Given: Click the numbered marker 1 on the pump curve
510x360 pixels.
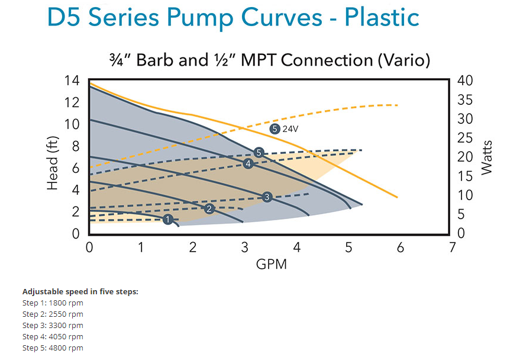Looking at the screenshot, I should point(167,220).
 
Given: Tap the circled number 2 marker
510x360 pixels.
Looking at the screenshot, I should point(208,208).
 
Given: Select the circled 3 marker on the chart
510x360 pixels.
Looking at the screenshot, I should point(266,197).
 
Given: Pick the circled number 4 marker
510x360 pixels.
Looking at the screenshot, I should point(248,163).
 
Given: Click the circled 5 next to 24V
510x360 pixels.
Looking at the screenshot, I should point(274,128).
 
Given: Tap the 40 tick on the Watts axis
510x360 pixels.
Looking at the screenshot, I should point(466,81).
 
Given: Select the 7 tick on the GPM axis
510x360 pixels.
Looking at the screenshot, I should point(453,247).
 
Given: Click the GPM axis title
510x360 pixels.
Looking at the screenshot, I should point(271,264).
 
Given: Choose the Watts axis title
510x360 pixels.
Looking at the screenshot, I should point(486,156).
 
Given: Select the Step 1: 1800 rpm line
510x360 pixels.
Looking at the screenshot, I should point(53,303).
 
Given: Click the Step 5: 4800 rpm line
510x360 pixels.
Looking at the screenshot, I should point(53,348).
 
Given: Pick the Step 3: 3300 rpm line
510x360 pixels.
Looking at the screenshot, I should point(53,325).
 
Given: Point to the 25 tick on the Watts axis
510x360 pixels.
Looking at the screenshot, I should point(466,137).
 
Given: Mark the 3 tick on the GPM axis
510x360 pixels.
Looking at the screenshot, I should point(245,247).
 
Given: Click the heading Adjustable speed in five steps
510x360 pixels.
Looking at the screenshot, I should point(80,291).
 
